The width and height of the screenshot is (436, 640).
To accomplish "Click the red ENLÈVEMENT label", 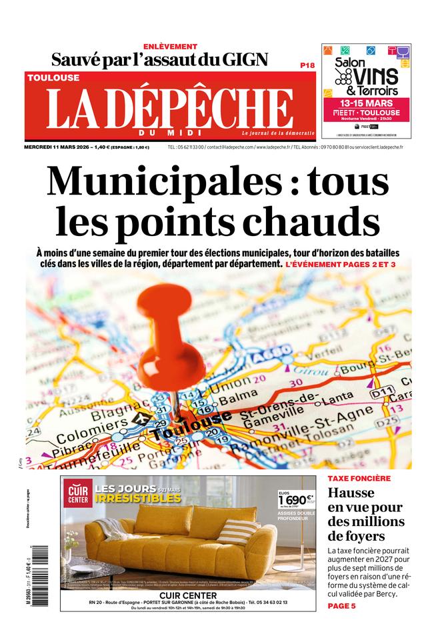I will [x=170, y=46].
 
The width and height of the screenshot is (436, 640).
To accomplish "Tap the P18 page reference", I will [x=307, y=65].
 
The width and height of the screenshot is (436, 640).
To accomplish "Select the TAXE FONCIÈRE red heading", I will [x=359, y=479].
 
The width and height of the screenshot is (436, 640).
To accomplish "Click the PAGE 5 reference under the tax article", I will [x=341, y=606].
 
